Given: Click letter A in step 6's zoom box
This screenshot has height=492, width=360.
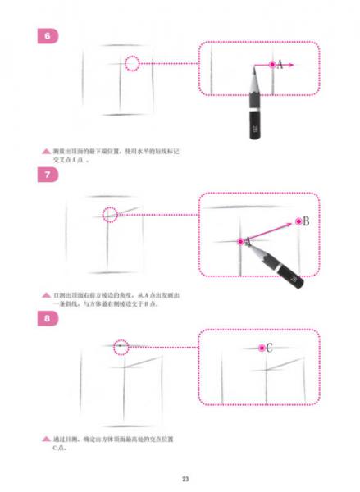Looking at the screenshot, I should [x=280, y=64].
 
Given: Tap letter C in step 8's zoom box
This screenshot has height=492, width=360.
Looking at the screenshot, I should [x=270, y=348].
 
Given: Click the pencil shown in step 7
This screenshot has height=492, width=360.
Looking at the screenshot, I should [x=279, y=264].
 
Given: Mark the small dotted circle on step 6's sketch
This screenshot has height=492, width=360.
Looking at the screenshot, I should [x=133, y=63].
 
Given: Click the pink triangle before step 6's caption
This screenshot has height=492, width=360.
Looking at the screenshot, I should [x=46, y=152].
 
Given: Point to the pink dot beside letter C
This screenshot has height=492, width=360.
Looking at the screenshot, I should [x=261, y=348].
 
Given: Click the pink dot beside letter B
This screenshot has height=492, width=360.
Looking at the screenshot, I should [x=298, y=221].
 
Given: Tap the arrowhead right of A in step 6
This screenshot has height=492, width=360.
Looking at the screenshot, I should [x=291, y=64].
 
